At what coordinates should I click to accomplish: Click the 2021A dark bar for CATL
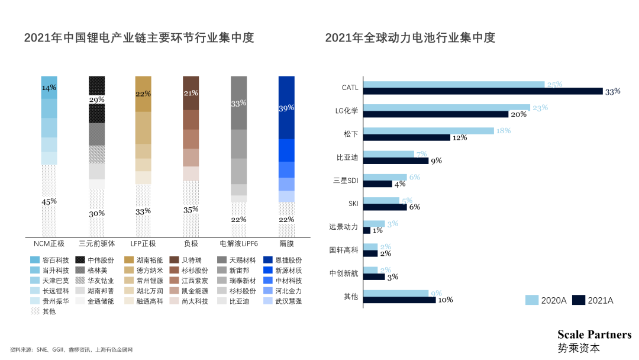tap(482, 91)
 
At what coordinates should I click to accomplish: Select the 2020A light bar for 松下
tap(428, 131)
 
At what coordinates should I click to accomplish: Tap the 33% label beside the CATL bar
tap(612, 91)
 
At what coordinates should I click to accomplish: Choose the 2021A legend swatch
tap(578, 300)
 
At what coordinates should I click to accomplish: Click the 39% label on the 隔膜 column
tap(286, 108)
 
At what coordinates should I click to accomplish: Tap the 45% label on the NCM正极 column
tap(49, 202)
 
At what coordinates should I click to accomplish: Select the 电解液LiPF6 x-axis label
tap(238, 243)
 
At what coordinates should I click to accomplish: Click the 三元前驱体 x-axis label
tap(96, 243)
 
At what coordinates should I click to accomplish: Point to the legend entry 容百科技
tap(56, 260)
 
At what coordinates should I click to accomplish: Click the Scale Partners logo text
tap(594, 335)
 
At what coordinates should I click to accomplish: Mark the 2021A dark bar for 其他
tap(399, 300)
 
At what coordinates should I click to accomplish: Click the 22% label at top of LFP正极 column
tap(143, 94)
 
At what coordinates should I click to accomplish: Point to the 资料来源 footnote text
tap(71, 349)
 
